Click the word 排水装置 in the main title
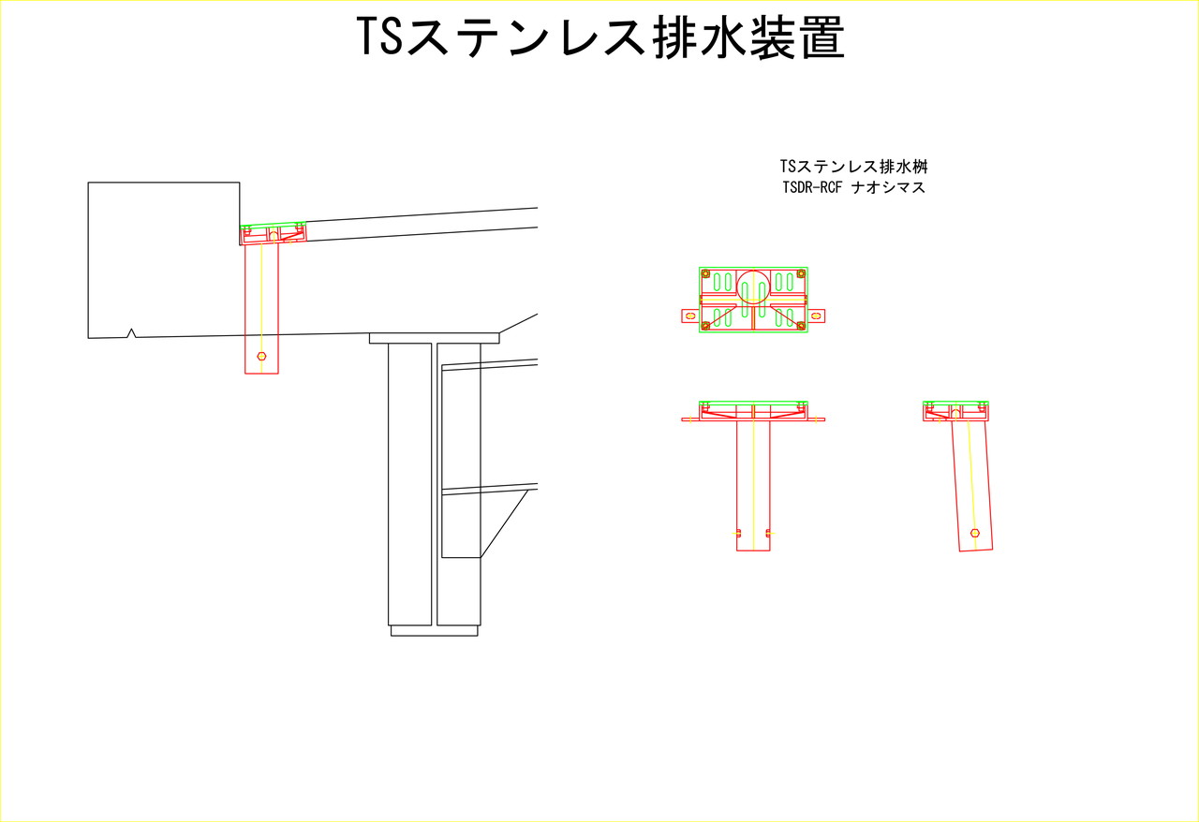pyautogui.click(x=748, y=37)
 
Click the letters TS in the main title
pyautogui.click(x=379, y=37)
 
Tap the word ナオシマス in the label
pyautogui.click(x=889, y=188)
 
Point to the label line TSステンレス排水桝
pyautogui.click(x=853, y=167)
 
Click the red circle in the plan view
pyautogui.click(x=754, y=286)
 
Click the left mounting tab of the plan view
pyautogui.click(x=690, y=316)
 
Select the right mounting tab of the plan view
pyautogui.click(x=816, y=316)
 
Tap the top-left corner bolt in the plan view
pyautogui.click(x=705, y=274)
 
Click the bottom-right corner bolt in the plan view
pyautogui.click(x=801, y=326)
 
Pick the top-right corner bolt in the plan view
pyautogui.click(x=801, y=274)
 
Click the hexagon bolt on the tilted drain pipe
pyautogui.click(x=975, y=533)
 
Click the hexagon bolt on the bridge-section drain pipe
pyautogui.click(x=261, y=356)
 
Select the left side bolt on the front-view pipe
pyautogui.click(x=737, y=533)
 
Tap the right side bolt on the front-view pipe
pyautogui.click(x=769, y=533)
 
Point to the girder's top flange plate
pyautogui.click(x=434, y=338)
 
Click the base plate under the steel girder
pyautogui.click(x=434, y=630)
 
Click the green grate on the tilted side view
pyautogui.click(x=956, y=403)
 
